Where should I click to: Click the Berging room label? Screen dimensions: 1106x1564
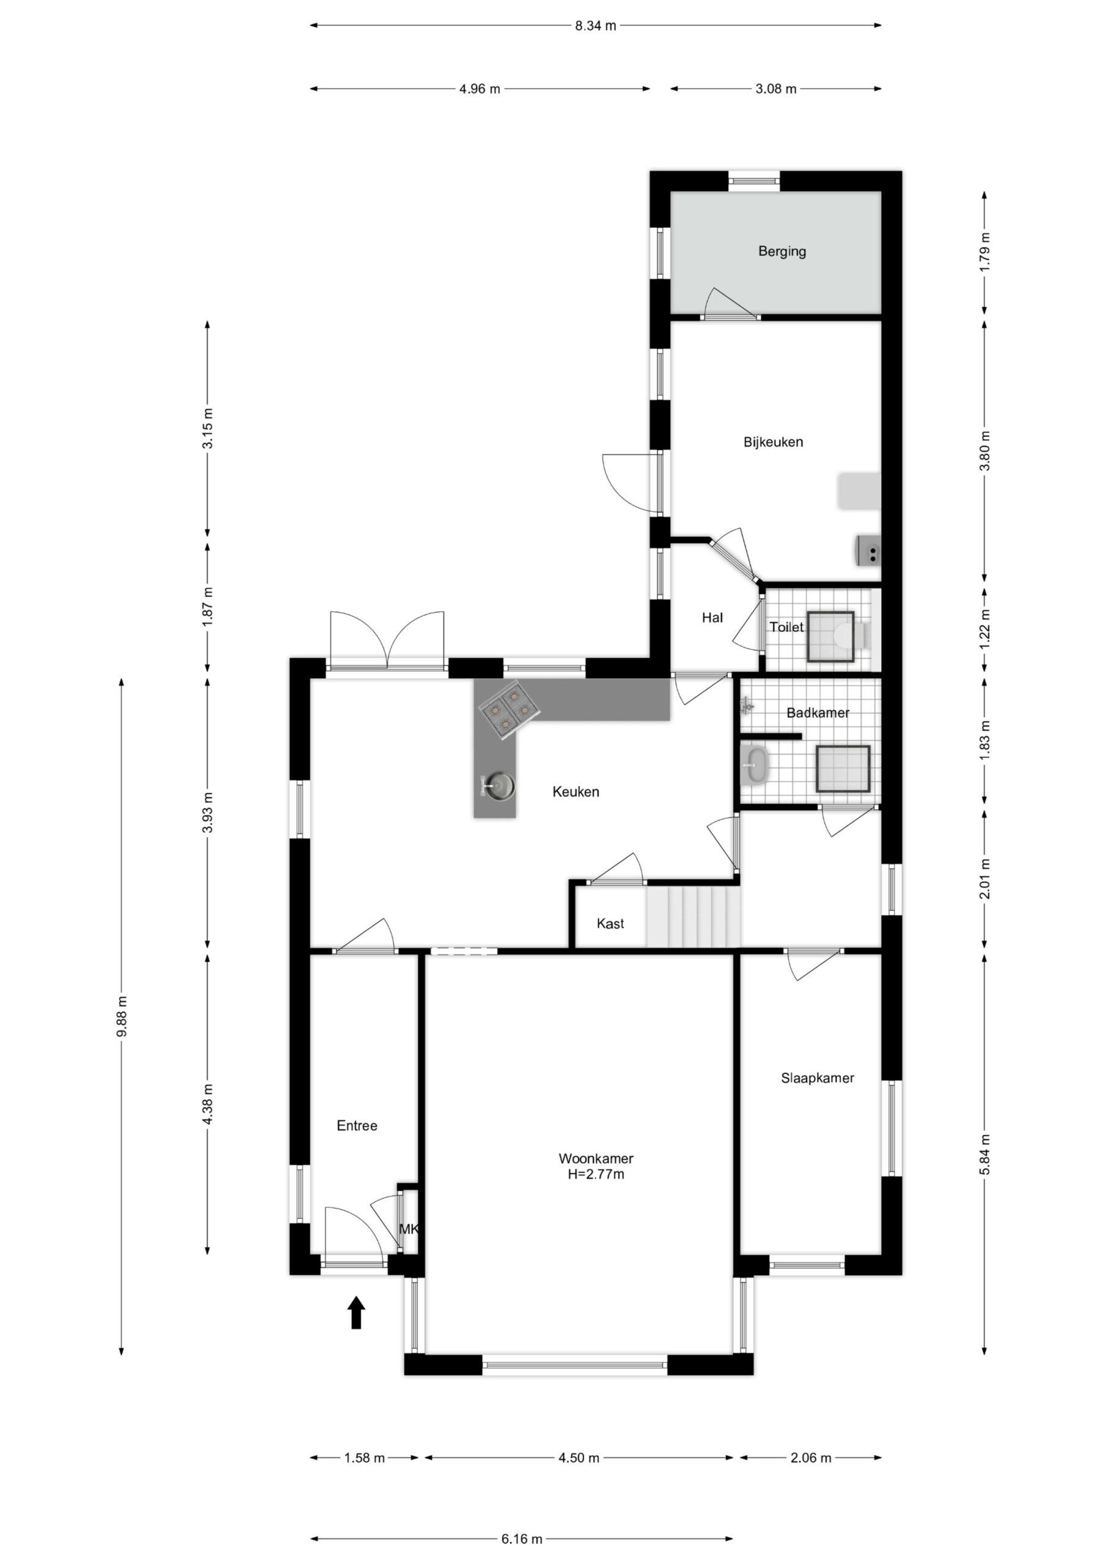coord(782,251)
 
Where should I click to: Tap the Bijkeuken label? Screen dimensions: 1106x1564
coord(773,442)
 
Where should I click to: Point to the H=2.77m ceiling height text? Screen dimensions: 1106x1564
coord(596,1174)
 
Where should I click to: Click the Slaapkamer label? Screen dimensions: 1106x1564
coord(817,1078)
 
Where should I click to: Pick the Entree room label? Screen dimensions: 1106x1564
coord(356,1125)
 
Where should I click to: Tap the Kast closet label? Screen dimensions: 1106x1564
coord(610,923)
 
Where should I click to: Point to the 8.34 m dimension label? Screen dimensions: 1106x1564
coord(595,26)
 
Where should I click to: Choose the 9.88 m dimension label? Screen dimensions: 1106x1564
coord(122,1017)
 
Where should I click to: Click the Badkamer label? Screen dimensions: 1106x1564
coord(818,713)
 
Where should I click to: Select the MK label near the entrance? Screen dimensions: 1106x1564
coord(408,1230)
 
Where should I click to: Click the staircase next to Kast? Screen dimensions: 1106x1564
coord(692,916)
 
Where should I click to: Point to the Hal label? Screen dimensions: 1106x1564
coord(712,618)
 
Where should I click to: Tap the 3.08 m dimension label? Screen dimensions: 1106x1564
coord(775,89)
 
